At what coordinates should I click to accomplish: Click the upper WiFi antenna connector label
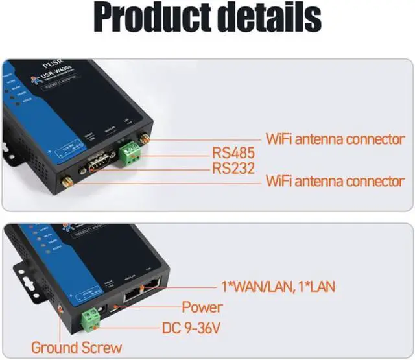(335, 139)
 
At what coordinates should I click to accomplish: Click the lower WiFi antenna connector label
(335, 182)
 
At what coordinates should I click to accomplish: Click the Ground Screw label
(76, 348)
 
